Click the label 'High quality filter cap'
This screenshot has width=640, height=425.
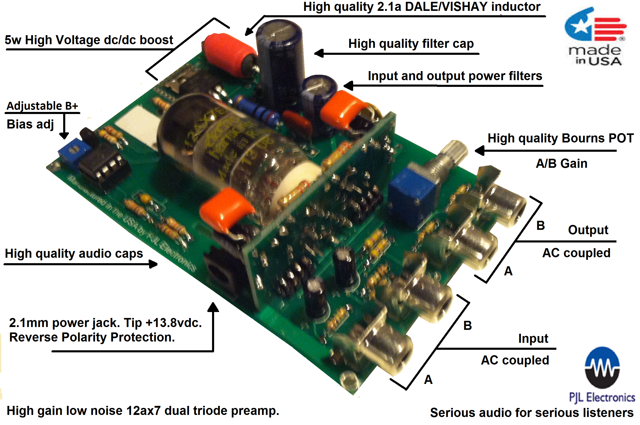(x=411, y=44)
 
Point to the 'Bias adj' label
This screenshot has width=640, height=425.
(x=30, y=124)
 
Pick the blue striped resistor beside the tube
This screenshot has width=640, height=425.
(x=257, y=110)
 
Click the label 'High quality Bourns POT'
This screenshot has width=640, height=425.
(x=560, y=138)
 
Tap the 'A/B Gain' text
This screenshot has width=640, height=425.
(x=561, y=164)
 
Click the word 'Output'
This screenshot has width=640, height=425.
(x=588, y=230)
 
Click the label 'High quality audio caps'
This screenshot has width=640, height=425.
(x=74, y=254)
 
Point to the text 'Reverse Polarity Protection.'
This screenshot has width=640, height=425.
(x=92, y=337)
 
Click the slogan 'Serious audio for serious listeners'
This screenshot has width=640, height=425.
(x=532, y=413)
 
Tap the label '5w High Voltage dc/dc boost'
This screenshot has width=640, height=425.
(x=89, y=40)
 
